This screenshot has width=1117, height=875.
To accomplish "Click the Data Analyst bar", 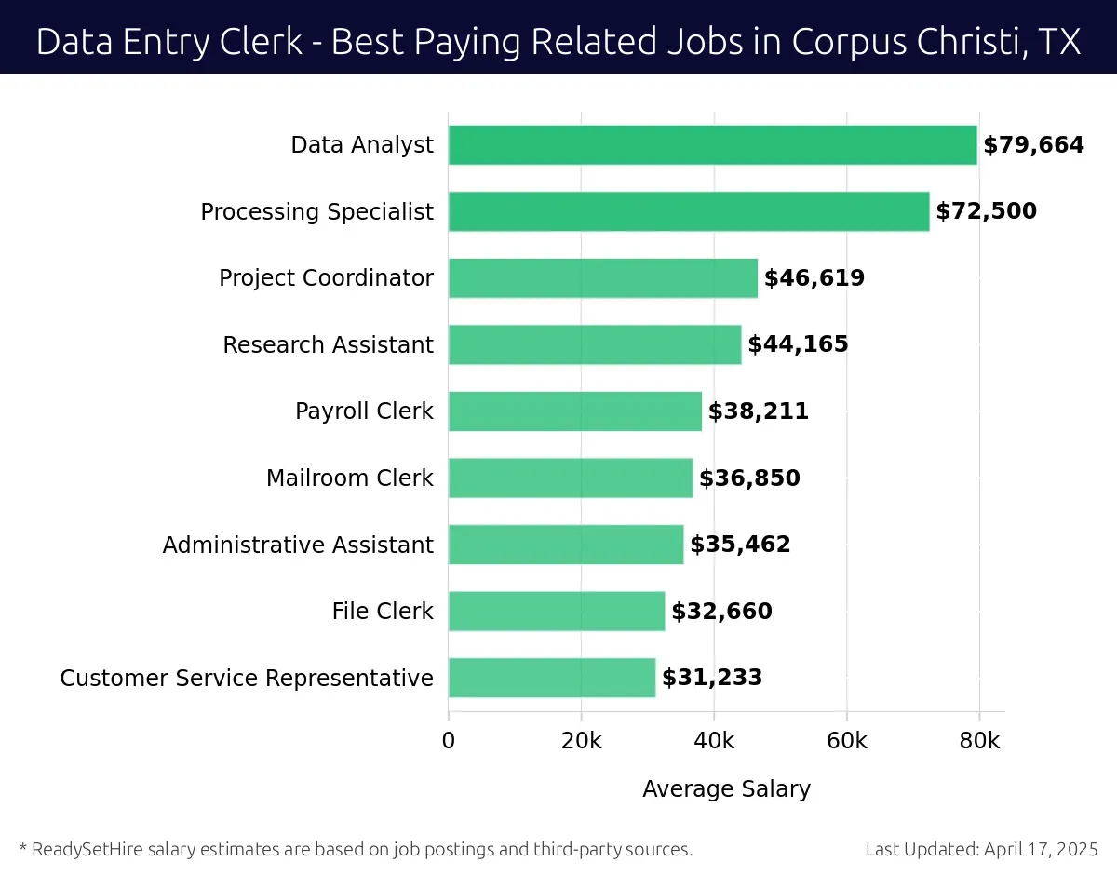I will (712, 145).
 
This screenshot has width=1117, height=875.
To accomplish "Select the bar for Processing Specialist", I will (689, 211).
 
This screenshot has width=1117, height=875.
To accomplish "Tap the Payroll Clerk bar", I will (574, 411).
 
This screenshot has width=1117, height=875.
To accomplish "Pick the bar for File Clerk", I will (557, 611).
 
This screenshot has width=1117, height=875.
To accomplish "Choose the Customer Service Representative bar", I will (551, 678).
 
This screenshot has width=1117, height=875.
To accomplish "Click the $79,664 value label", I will (1033, 145).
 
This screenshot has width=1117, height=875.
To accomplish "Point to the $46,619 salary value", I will (814, 278).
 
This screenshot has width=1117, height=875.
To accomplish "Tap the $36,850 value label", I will (749, 478).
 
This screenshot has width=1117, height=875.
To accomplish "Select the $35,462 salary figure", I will (740, 545).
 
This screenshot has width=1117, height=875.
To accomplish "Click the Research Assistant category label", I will (328, 345).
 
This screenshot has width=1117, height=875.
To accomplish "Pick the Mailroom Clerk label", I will (349, 478).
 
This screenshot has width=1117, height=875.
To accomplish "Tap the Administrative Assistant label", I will (298, 545).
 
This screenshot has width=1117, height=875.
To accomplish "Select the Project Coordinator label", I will (326, 278).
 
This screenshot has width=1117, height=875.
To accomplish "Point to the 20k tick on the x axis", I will (581, 741).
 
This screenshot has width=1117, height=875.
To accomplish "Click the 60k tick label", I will (846, 741).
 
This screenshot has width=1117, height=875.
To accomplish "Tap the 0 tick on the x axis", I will (449, 741).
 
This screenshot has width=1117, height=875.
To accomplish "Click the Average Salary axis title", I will (726, 789).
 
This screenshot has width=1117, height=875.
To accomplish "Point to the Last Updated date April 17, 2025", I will (1040, 849).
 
